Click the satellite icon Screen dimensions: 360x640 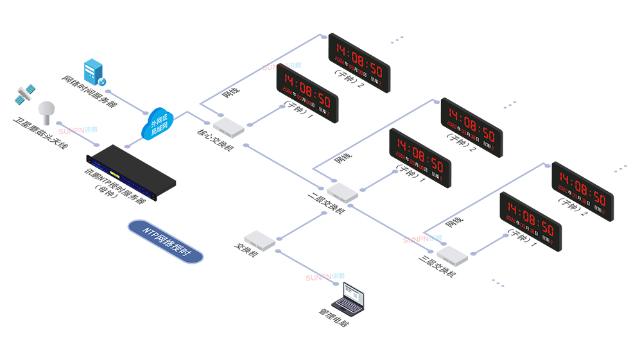25,95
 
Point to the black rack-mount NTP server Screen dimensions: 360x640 132,169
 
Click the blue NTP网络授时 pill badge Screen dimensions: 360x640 165,241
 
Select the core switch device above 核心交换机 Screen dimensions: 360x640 229,127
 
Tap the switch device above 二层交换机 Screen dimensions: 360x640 342,191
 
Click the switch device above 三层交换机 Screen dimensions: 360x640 452,255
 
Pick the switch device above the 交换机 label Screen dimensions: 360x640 259,239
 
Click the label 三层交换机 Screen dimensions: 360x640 437,270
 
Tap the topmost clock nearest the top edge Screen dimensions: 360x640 359,63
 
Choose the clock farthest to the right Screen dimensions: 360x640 582,191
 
